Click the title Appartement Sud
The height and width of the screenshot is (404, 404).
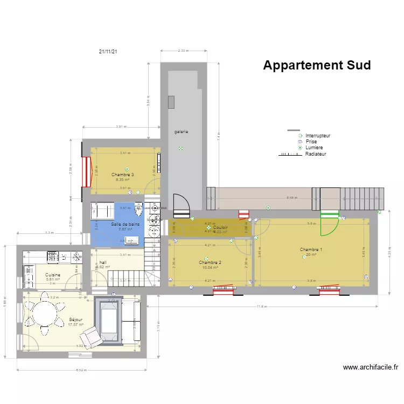pyautogui.click(x=317, y=65)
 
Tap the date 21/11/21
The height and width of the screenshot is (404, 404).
pyautogui.click(x=108, y=52)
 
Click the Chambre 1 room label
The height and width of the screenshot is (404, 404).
pyautogui.click(x=311, y=249)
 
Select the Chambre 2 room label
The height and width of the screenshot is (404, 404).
pyautogui.click(x=210, y=262)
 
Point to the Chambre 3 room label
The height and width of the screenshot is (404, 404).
pyautogui.click(x=123, y=175)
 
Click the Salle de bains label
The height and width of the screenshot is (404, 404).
pyautogui.click(x=126, y=224)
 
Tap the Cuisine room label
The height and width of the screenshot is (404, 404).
pyautogui.click(x=53, y=275)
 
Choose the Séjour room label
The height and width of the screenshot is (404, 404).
pyautogui.click(x=75, y=319)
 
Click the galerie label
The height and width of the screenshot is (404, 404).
pyautogui.click(x=181, y=131)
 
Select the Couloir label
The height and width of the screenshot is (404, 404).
pyautogui.click(x=220, y=228)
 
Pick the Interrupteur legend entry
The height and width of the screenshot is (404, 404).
pyautogui.click(x=317, y=136)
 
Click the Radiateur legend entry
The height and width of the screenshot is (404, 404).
pyautogui.click(x=315, y=154)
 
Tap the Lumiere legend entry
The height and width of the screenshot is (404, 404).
pyautogui.click(x=314, y=148)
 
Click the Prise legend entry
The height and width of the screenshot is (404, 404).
pyautogui.click(x=311, y=142)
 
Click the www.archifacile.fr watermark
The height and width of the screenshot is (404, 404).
pyautogui.click(x=371, y=367)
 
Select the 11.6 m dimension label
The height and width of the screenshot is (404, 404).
pyautogui.click(x=262, y=307)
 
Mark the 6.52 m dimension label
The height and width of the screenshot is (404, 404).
pyautogui.click(x=81, y=370)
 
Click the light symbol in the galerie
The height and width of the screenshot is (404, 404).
pyautogui.click(x=181, y=149)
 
